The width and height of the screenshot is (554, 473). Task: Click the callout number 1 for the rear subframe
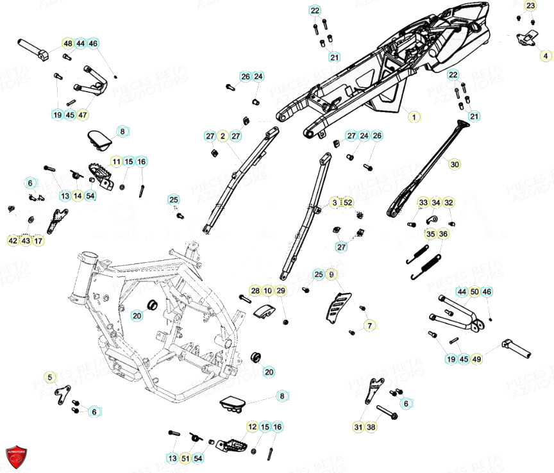tap(414, 117)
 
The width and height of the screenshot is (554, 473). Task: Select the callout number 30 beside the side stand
tap(455, 165)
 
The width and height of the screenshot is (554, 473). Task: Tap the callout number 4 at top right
tap(546, 56)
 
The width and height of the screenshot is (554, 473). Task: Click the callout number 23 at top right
tap(530, 6)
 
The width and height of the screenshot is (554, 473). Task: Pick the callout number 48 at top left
tap(67, 44)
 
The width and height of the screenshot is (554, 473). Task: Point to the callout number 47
tap(83, 115)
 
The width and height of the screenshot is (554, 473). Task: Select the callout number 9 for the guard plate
tap(332, 274)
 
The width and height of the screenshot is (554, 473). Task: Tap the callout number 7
tap(369, 326)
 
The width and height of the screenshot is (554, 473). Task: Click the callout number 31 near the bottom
tap(358, 426)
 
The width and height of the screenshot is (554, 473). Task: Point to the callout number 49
tap(476, 360)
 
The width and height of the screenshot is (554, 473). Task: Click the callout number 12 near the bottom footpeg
tap(252, 427)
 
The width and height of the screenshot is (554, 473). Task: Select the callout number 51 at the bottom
tap(185, 458)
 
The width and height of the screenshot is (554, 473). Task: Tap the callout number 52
tap(348, 203)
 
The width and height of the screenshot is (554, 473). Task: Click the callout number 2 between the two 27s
tap(222, 136)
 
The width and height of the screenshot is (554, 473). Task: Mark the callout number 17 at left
tap(38, 241)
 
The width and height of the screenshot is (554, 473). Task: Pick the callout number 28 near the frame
tap(255, 291)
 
